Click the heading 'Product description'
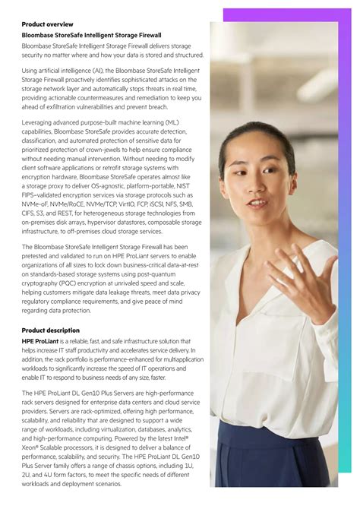pyautogui.click(x=50, y=330)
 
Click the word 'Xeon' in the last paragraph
pyautogui.click(x=31, y=449)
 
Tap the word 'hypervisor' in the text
pyautogui.click(x=112, y=223)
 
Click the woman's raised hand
pyautogui.click(x=304, y=273)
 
